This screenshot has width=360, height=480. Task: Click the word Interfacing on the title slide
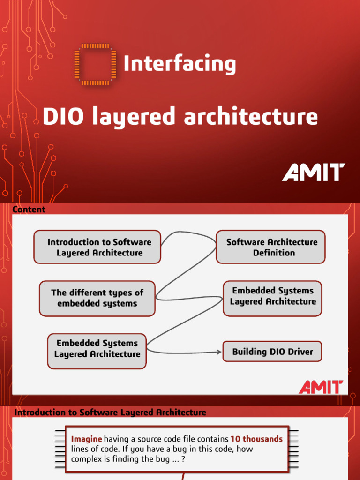pos(180,64)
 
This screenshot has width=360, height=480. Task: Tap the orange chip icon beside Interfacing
pos(95,65)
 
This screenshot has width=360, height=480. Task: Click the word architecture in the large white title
pos(251,117)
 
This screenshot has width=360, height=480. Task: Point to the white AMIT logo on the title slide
pos(314,172)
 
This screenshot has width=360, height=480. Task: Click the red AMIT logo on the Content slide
pos(321,387)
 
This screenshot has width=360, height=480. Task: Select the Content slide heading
pos(29,210)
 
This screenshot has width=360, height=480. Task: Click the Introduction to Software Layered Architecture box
pos(97,247)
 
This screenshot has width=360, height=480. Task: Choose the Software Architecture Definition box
pos(270,247)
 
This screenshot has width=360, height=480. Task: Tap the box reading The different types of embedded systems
pos(97,298)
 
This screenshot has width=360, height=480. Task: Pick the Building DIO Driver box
pos(272,352)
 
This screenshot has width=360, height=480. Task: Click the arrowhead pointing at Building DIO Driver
pos(219,352)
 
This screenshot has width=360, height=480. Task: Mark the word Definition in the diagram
pos(274,253)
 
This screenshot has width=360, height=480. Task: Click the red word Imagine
pos(86,439)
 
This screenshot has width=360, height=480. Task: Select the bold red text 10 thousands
pos(256,439)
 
